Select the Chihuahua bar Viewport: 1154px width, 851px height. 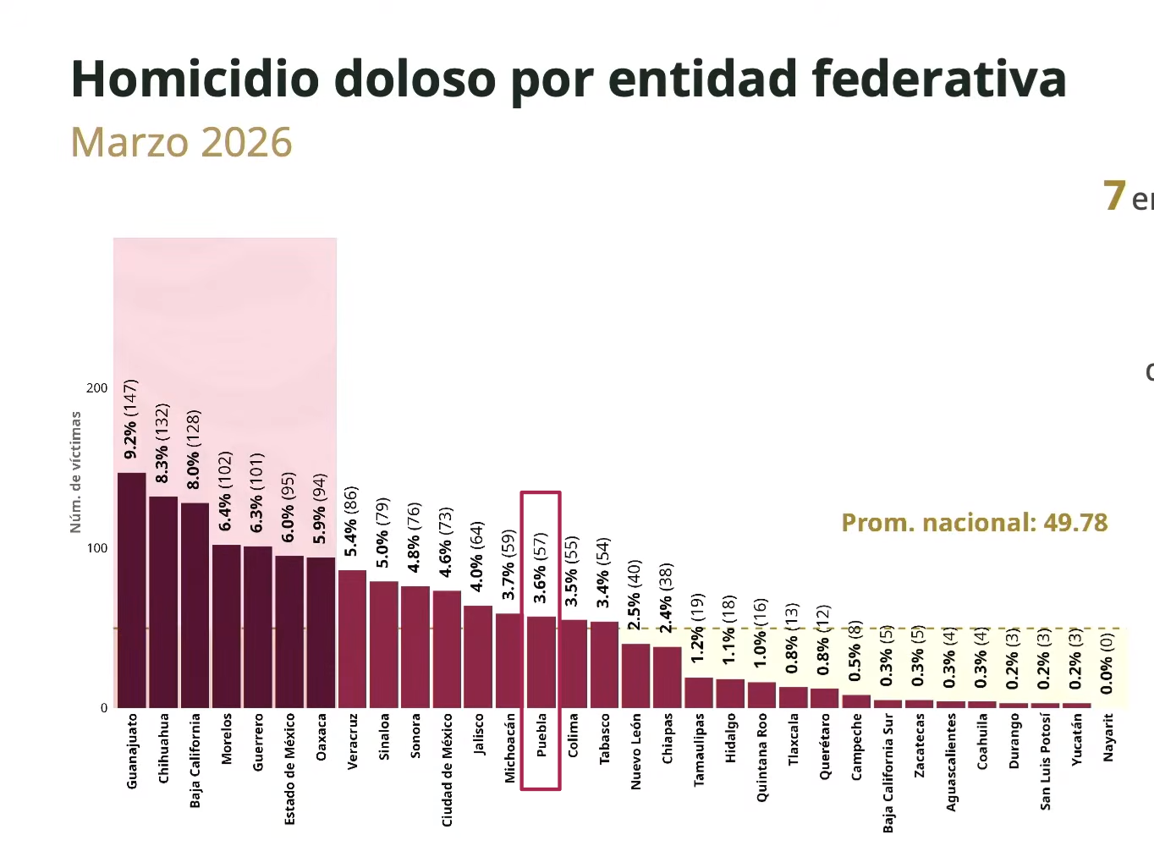[x=163, y=602]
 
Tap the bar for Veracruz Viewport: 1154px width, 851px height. [x=352, y=640]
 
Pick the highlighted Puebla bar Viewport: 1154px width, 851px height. [x=541, y=662]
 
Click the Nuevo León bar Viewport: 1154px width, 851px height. [x=635, y=676]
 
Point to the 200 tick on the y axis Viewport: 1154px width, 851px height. [x=97, y=388]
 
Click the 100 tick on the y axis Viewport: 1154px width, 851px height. [x=97, y=548]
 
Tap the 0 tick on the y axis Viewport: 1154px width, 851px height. [x=104, y=708]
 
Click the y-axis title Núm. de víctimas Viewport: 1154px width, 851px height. [x=76, y=472]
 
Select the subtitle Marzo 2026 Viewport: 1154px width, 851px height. [x=181, y=143]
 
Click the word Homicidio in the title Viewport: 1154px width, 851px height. [x=195, y=80]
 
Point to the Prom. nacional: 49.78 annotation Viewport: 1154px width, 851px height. [x=974, y=523]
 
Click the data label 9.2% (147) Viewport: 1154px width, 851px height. [x=130, y=420]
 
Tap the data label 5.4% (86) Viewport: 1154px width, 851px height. [x=351, y=521]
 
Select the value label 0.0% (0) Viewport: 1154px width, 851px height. [x=1107, y=664]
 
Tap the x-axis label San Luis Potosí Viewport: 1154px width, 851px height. [x=1045, y=761]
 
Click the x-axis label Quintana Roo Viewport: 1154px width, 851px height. [x=761, y=757]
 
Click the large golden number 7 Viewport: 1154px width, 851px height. [x=1114, y=196]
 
